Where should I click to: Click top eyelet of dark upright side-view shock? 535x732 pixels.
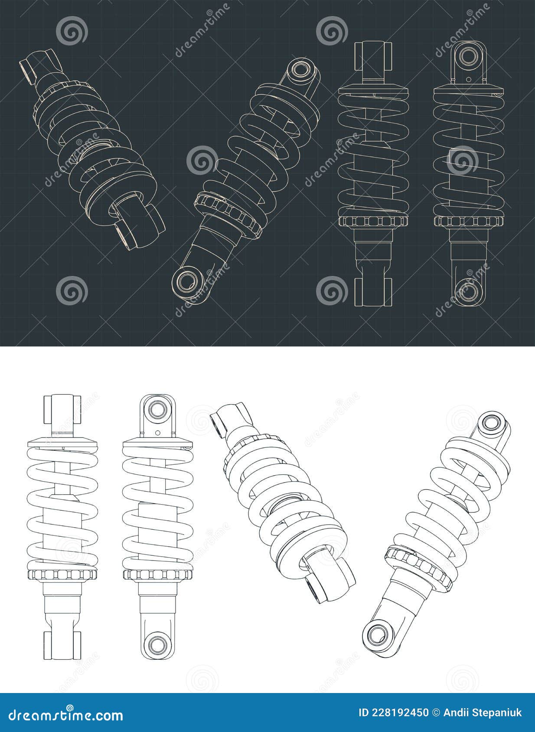click(x=467, y=56)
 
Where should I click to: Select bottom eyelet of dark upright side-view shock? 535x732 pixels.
click(x=467, y=291)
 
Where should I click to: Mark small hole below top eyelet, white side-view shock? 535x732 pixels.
click(x=158, y=432)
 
